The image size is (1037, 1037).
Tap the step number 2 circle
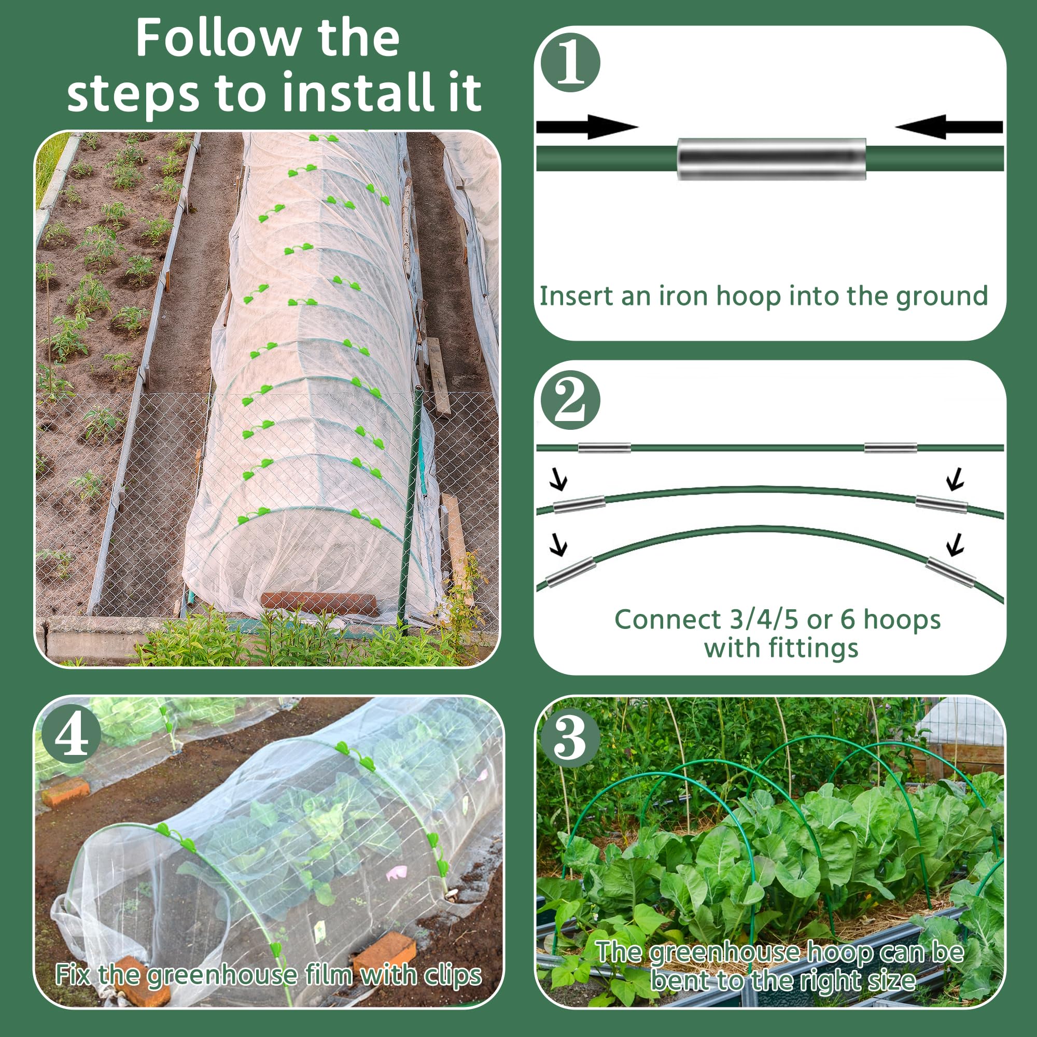click(x=570, y=400)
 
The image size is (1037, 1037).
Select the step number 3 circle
click(x=569, y=739)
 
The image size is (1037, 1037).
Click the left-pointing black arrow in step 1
click(x=948, y=127)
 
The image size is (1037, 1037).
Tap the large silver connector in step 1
click(x=772, y=159)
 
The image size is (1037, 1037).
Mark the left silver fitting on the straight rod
click(x=605, y=447)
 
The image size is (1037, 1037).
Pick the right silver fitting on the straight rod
click(x=890, y=447)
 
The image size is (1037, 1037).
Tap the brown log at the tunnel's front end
click(x=319, y=603)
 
